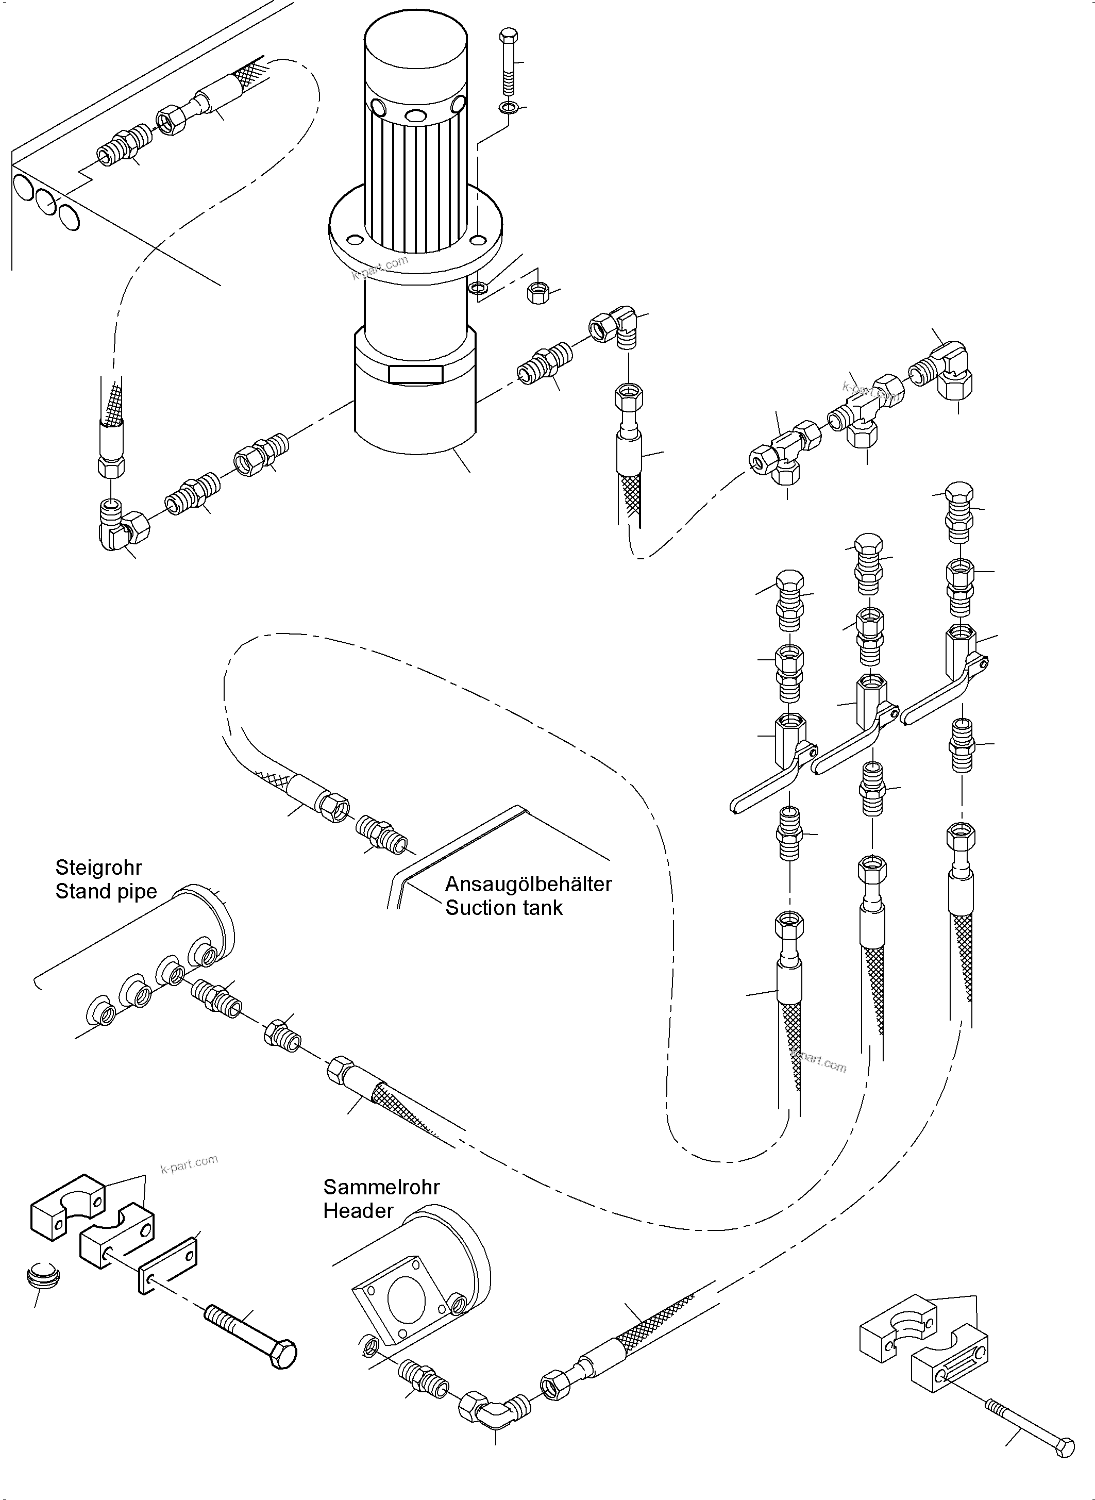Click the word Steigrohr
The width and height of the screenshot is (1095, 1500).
tap(98, 868)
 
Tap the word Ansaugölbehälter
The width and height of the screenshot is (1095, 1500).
tap(528, 885)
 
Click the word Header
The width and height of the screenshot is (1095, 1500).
tap(358, 1211)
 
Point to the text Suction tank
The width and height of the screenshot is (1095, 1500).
tap(504, 908)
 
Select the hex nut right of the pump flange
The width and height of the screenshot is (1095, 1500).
tap(537, 292)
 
